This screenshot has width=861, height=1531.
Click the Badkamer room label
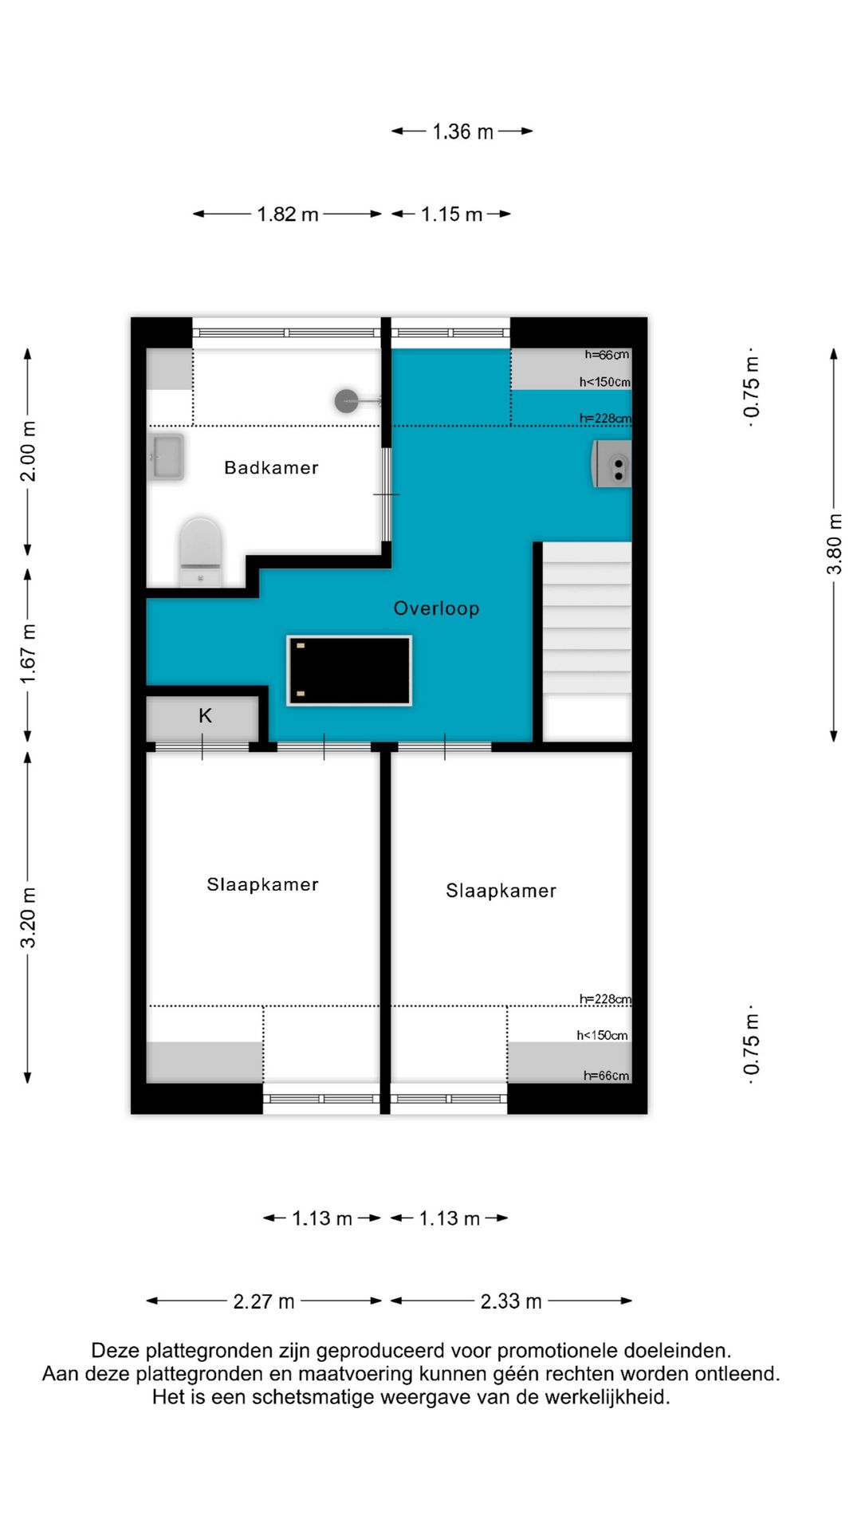coord(271,468)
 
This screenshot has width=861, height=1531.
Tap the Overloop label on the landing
coord(436,608)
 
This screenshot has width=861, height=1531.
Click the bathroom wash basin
coord(168,457)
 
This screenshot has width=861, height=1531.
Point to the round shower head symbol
coord(347,400)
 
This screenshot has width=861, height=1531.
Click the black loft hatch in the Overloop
coord(349,671)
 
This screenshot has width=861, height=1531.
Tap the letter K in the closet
coord(205,716)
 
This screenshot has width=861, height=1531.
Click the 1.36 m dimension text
coord(462,132)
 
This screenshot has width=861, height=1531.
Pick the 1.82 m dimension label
coord(288,214)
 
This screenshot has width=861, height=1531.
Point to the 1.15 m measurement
coord(451,214)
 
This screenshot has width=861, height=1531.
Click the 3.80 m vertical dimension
coord(834,544)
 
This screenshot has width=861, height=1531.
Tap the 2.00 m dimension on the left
coord(28,451)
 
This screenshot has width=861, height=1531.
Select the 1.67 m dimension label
coord(28,654)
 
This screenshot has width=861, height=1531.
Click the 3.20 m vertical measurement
coord(28,918)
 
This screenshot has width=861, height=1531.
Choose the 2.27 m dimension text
coord(264,1301)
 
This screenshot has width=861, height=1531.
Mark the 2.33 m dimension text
coord(511,1301)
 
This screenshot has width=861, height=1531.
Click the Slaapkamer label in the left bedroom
coord(262,884)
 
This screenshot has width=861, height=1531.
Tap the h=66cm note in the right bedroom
coord(606,1076)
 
